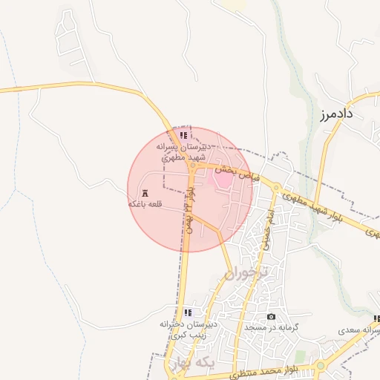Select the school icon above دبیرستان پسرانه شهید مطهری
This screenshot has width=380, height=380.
(183, 136)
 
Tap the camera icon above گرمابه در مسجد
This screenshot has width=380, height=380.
(271, 317)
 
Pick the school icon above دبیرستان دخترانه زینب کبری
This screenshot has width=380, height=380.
(188, 312)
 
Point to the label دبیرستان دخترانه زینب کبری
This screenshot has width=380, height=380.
(188, 330)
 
